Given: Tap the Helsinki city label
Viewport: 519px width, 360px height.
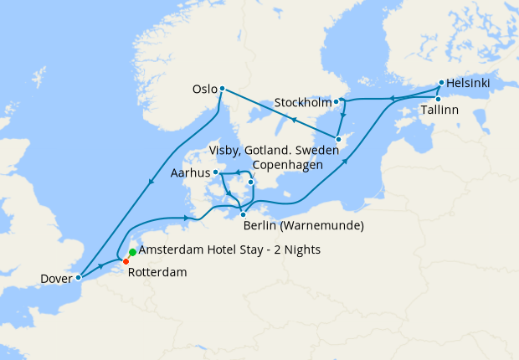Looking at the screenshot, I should pos(468,84).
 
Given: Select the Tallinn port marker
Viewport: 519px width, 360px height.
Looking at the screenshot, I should pos(438,99).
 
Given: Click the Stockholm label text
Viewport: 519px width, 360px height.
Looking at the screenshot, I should pos(303,104).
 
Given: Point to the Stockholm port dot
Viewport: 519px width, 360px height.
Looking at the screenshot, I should pos(337,102).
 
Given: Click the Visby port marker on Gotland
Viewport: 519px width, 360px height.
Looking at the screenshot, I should pos(338,139).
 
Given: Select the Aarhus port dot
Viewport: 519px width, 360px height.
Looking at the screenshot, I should pos(216,172).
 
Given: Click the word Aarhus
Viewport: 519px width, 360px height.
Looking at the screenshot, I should pos(189,173).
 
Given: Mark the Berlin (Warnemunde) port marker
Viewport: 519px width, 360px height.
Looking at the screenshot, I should pos(243,214).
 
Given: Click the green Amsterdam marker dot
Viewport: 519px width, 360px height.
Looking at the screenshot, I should pos(132,252).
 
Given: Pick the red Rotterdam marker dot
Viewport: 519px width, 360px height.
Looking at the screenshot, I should pos(126,261).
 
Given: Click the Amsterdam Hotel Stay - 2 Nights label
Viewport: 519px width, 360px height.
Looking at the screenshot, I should pos(229,250).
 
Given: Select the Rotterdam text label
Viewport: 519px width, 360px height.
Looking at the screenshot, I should pos(158,272).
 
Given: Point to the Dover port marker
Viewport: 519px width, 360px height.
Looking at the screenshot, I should pos(78,276).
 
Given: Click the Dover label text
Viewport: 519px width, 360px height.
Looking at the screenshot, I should pos(55,279).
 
